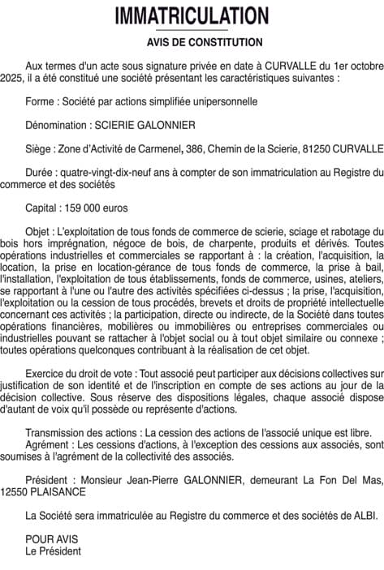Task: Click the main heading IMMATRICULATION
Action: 192,16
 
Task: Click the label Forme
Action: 41,102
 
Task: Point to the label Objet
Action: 40,232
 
